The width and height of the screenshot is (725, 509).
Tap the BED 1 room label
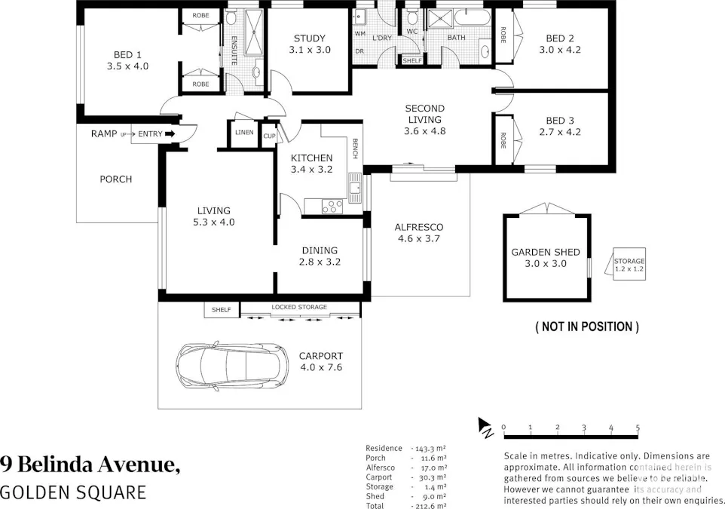tap(127, 54)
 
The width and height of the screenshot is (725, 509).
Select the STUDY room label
tap(309, 38)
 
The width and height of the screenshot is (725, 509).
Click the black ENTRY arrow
tap(170, 134)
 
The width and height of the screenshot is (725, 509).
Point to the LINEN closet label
tap(244, 133)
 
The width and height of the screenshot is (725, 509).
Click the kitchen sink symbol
tap(354, 186)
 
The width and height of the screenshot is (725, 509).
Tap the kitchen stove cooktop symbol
tap(332, 204)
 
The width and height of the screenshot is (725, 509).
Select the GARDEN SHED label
tap(546, 253)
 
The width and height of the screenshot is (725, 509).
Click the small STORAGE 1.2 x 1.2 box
tap(629, 265)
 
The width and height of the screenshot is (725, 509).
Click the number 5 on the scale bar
tap(638, 428)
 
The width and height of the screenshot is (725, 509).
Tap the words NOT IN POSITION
tap(587, 327)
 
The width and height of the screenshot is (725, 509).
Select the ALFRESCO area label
tap(419, 227)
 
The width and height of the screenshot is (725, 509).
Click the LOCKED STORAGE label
tap(299, 308)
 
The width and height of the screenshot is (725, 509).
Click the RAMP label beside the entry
tap(103, 133)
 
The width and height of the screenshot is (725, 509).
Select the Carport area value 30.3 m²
tap(433, 477)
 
